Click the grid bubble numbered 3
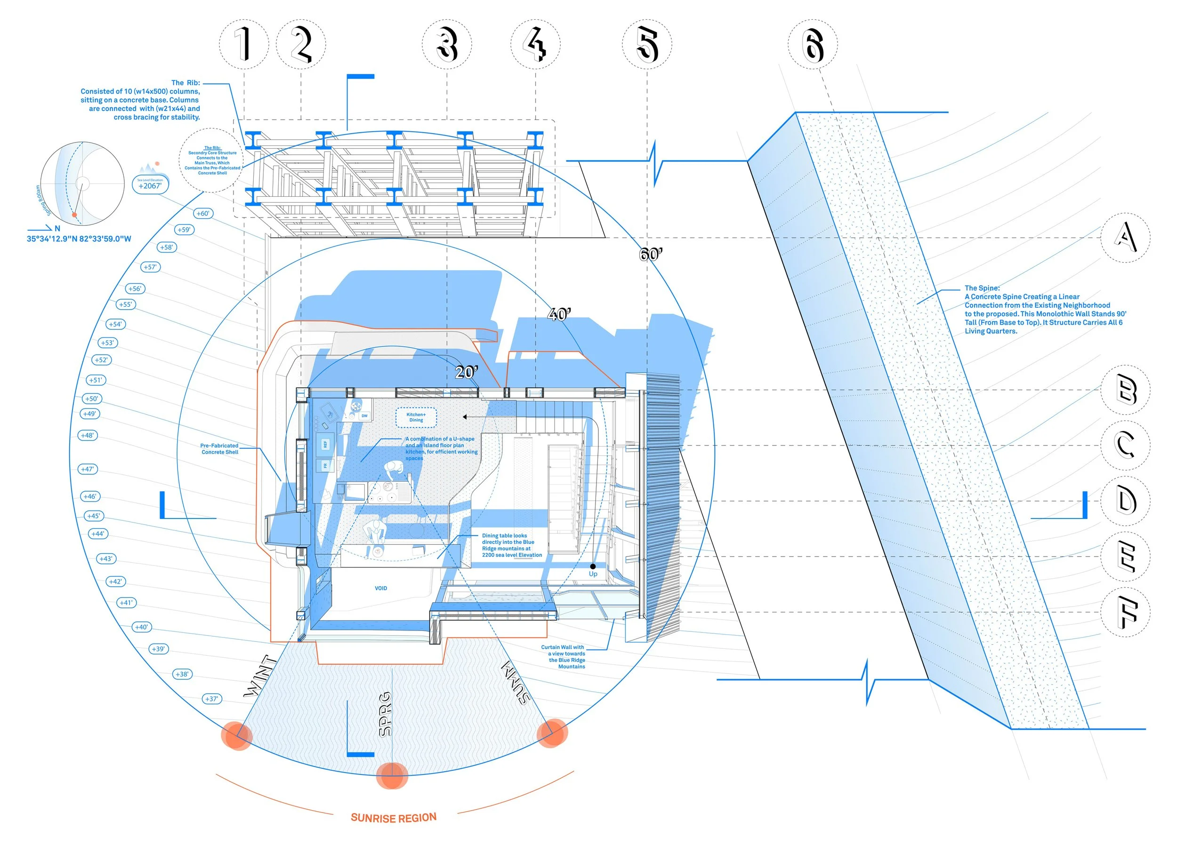447,45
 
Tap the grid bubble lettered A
1125,238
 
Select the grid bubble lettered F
1125,612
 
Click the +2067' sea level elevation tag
150,185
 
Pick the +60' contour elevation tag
203,213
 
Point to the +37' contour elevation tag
212,699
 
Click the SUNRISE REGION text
394,818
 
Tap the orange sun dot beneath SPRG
392,775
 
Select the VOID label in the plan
381,588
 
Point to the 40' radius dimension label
559,314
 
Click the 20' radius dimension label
466,373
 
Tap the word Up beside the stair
593,574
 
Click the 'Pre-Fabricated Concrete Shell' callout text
219,449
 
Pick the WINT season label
260,676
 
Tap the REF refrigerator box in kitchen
325,444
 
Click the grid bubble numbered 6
813,45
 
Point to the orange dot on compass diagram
74,214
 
